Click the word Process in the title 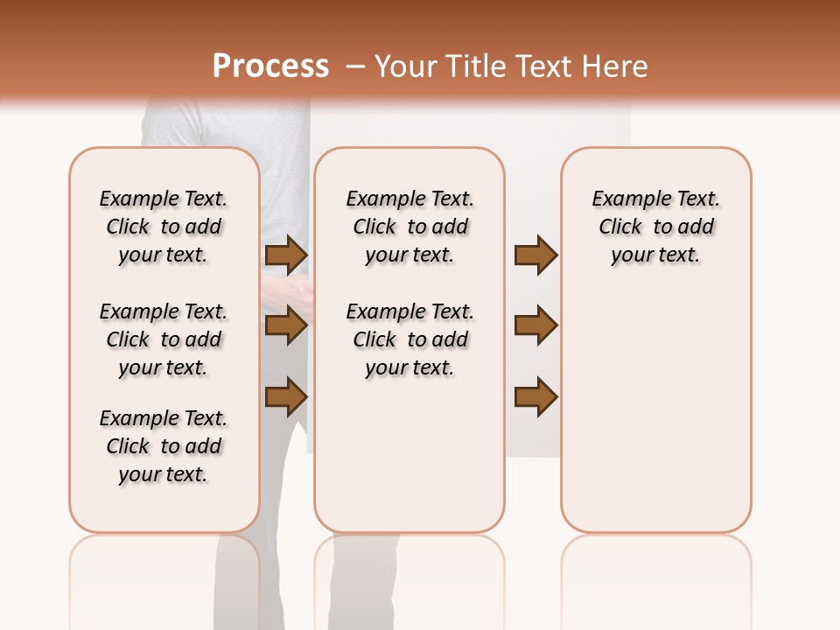270,66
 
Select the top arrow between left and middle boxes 286,255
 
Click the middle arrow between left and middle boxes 286,326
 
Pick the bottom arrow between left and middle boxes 286,396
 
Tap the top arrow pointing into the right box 535,255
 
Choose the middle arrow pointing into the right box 535,325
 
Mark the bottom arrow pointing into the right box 535,396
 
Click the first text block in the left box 164,227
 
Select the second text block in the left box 164,339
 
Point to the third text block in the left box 164,446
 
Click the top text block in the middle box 409,227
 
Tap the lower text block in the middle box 409,339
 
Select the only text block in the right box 655,227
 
